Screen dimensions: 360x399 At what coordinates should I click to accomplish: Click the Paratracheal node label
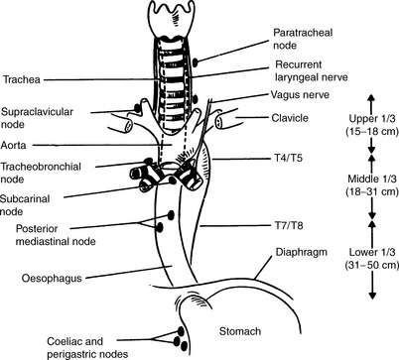[x=297, y=40]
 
